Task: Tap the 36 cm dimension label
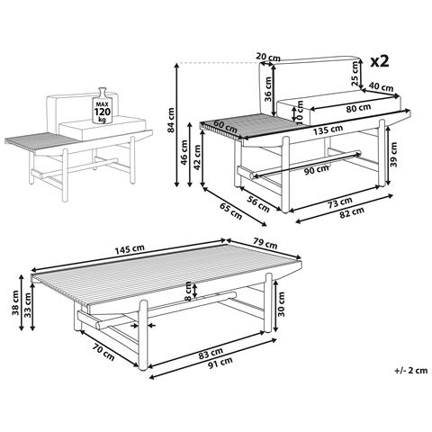(267, 94)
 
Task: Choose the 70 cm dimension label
(103, 348)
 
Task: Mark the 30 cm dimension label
(282, 312)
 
